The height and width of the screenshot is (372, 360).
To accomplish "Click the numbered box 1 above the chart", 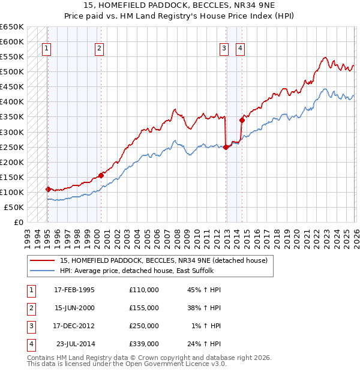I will pyautogui.click(x=47, y=49).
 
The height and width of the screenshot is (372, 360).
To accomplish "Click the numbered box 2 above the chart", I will pyautogui.click(x=99, y=49).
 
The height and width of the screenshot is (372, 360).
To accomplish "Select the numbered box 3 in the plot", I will pyautogui.click(x=224, y=49).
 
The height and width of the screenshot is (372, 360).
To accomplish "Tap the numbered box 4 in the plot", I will pyautogui.click(x=240, y=49).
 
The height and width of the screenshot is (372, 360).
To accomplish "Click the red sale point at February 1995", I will pyautogui.click(x=48, y=189).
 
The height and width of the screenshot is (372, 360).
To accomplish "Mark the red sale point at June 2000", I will pyautogui.click(x=101, y=175).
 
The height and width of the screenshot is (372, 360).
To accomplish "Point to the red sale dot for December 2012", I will pyautogui.click(x=226, y=147).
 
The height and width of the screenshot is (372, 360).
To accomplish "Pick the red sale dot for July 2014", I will pyautogui.click(x=242, y=120).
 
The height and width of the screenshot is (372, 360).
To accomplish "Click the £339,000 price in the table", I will pyautogui.click(x=144, y=344).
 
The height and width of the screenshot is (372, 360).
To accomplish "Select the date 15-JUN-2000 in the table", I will pyautogui.click(x=74, y=308).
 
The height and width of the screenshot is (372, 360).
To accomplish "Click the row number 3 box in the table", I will pyautogui.click(x=30, y=326).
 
